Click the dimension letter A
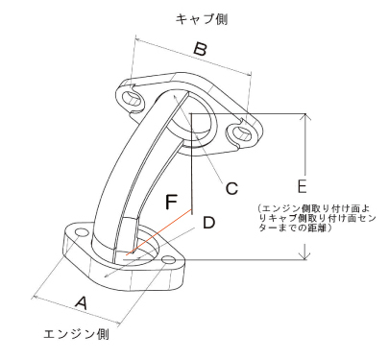coord(81,302)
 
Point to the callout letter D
coord(207,222)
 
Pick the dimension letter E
coord(302,183)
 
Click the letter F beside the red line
coord(171,203)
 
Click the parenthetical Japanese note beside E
coord(318,218)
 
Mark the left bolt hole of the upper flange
coord(130,97)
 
